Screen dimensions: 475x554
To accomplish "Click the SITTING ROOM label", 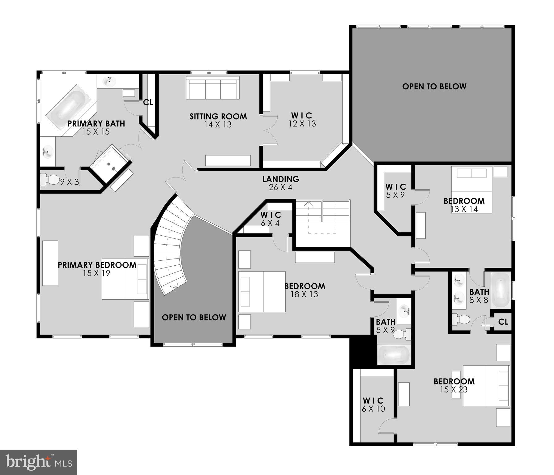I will coord(218,117).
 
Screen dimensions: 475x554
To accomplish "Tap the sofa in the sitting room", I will coord(212,88).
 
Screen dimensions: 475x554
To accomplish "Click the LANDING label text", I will coord(281,179).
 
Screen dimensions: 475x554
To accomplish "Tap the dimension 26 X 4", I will coord(281,187).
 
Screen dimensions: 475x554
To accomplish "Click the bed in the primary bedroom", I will coord(125,279).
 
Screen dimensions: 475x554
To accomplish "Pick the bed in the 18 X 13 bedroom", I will coord(262,292).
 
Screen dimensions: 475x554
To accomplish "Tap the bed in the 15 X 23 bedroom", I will coord(486,386).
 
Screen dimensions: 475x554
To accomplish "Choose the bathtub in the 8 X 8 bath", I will coord(501,290).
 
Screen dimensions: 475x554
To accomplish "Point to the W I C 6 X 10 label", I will coord(373,405).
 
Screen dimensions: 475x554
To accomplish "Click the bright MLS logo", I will coord(39,462).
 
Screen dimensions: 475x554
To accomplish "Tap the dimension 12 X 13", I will coord(302,124).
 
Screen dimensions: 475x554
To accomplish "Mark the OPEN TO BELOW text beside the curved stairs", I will coord(194,318).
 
